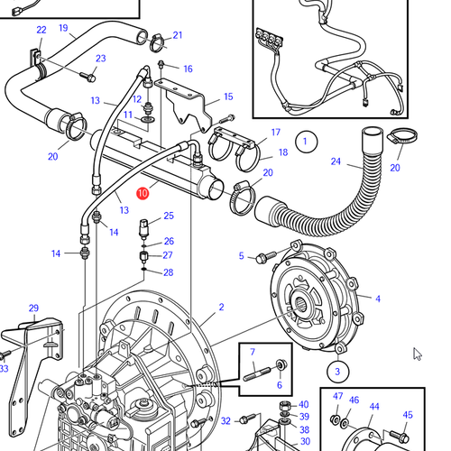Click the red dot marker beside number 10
tap(142, 192)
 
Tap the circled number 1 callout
tap(306, 142)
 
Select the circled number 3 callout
tap(335, 371)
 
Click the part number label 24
tap(336, 162)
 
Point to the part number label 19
tap(64, 28)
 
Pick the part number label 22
tap(41, 31)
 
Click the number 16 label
tap(188, 69)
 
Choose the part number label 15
tap(228, 97)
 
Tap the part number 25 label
tap(169, 216)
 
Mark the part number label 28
tap(169, 272)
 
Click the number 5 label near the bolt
tap(241, 256)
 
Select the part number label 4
tap(377, 299)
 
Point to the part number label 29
tap(33, 308)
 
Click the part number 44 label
tap(373, 407)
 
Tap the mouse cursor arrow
tap(418, 354)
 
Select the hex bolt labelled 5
tap(262, 259)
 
